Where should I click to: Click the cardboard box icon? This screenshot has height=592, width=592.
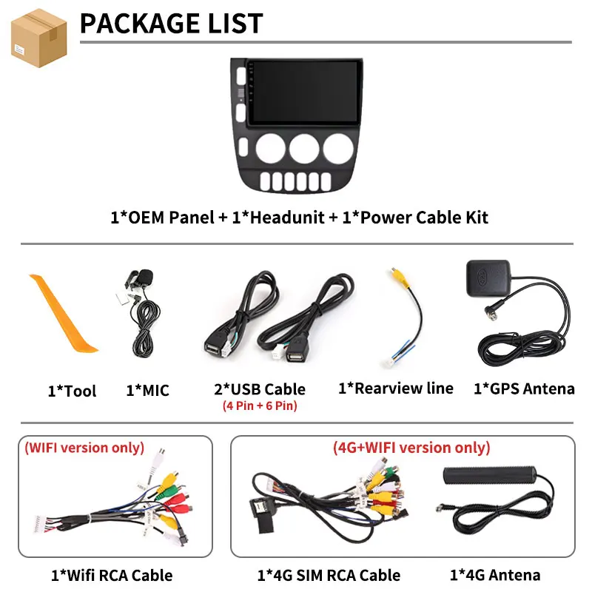point(39,38)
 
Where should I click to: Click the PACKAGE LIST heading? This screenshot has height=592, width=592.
point(172,24)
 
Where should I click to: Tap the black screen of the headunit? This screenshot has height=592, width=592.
point(304,91)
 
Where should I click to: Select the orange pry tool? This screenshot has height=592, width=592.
point(63,313)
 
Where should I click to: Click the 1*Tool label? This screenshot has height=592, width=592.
point(72,391)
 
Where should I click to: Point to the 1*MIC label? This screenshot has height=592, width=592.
point(147,391)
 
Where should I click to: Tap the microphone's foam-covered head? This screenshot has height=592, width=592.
point(145,277)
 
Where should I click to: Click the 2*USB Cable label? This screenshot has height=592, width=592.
point(260,389)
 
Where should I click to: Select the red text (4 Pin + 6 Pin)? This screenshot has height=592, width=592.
point(260,406)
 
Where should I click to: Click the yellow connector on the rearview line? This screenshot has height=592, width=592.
point(399,277)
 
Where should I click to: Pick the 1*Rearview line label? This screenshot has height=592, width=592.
point(396,388)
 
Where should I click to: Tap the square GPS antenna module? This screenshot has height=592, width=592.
point(488,278)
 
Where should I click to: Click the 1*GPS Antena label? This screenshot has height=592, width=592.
point(524,389)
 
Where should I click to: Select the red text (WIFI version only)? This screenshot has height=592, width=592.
point(84,448)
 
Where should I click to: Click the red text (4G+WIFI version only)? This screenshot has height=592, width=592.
point(411,448)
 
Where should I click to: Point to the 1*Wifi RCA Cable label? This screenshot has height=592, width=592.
point(112,576)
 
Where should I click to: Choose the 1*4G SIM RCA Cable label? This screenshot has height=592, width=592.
point(329,576)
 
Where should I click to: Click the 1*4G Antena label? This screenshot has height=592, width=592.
point(495,575)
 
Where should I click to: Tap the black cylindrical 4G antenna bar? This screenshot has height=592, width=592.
point(490,475)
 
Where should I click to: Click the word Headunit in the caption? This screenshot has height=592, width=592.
point(287,218)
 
